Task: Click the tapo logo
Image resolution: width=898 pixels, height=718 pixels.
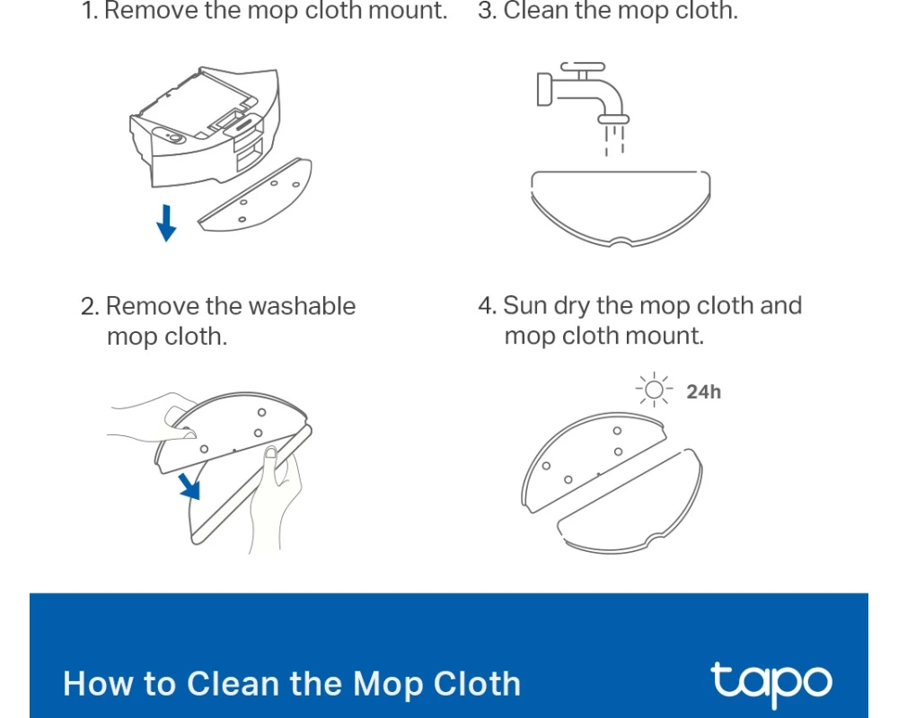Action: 771,684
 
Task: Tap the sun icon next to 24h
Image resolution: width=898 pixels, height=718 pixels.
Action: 654,390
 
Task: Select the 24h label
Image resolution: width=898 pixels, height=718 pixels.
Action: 704,391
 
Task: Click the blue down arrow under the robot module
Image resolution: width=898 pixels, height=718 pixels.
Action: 166,223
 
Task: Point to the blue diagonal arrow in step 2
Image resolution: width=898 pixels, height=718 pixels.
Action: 189,486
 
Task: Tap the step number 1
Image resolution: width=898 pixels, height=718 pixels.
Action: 90,11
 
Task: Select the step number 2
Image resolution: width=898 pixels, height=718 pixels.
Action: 90,306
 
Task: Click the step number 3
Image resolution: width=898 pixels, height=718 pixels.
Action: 488,11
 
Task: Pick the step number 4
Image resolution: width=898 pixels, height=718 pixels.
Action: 488,306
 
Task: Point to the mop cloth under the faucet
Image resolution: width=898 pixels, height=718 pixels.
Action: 621,208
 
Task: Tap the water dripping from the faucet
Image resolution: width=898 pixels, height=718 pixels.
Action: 614,140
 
